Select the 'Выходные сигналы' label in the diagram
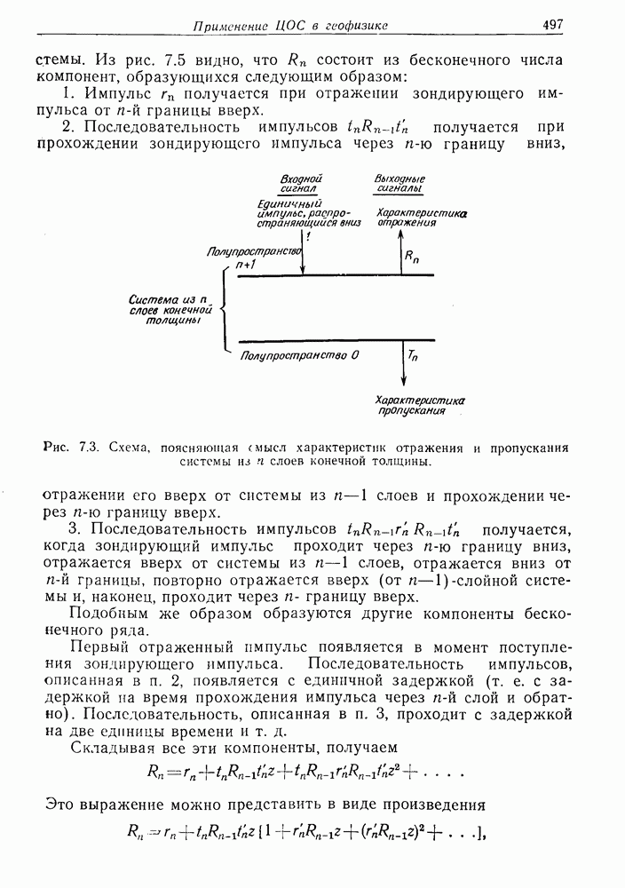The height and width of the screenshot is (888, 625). click(400, 184)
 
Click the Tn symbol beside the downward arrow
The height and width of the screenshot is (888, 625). click(413, 355)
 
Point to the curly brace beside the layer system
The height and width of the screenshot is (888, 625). click(222, 309)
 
